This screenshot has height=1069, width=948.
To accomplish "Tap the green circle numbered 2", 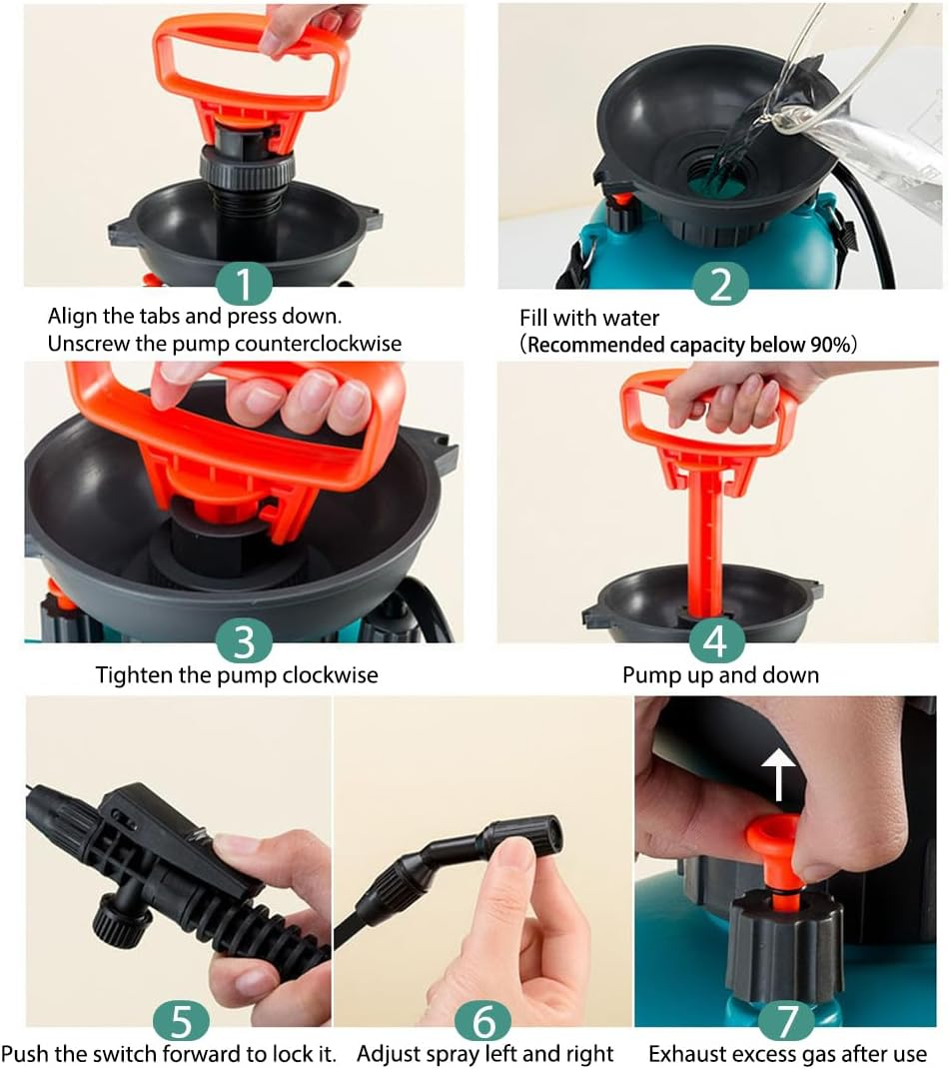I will (x=720, y=285).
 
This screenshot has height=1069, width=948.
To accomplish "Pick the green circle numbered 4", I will (x=715, y=640).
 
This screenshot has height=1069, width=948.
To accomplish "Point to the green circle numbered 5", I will (x=181, y=1020).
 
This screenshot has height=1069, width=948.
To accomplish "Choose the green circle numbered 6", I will (x=483, y=1020).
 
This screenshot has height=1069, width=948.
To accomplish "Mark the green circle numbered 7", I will (x=787, y=1020).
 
